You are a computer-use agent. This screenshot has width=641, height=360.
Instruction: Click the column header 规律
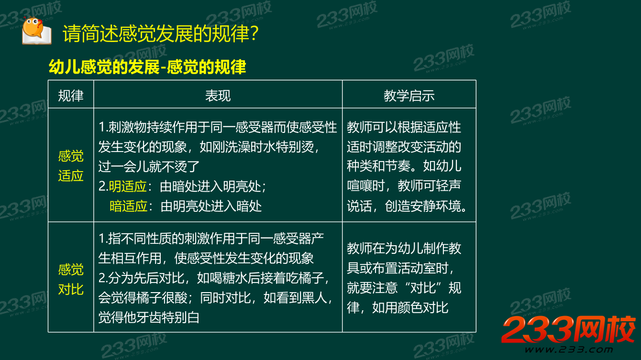click(71, 96)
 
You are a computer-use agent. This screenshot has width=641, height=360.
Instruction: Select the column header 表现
click(218, 96)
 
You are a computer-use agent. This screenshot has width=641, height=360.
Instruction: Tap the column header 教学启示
click(409, 96)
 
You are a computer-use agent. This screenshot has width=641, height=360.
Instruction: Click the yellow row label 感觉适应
click(71, 166)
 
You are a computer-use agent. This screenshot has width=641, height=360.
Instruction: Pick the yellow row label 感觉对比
click(71, 279)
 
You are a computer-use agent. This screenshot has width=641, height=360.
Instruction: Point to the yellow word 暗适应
click(128, 206)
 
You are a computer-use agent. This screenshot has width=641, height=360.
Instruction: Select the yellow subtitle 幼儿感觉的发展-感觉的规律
click(147, 67)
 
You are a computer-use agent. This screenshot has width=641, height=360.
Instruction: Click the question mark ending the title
click(255, 34)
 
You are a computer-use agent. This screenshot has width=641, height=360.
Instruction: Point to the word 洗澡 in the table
click(247, 147)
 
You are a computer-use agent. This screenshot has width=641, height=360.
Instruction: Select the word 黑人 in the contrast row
click(313, 298)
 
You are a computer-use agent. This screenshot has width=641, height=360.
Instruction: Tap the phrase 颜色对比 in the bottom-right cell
click(423, 307)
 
